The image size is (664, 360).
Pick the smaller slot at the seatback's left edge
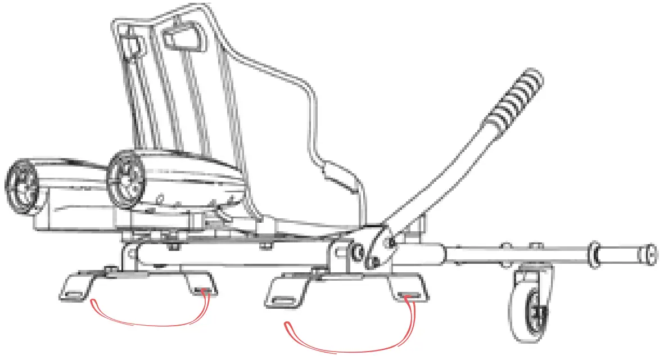coord(130,47)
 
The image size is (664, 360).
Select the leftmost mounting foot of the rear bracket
coord(76,287)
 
